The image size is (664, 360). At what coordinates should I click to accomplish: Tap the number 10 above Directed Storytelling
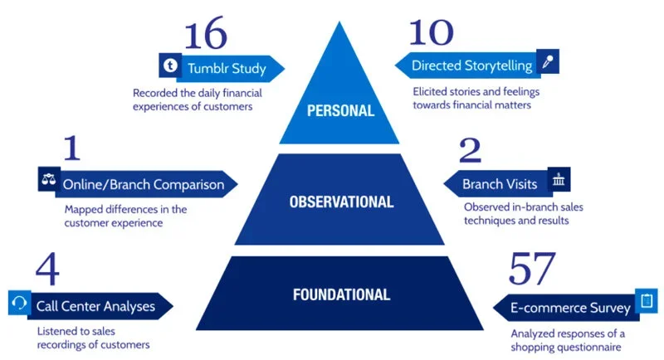pyautogui.click(x=432, y=33)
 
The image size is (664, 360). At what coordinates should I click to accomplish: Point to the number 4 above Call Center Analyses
pyautogui.click(x=47, y=271)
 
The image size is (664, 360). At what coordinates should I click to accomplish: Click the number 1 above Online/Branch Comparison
pyautogui.click(x=71, y=150)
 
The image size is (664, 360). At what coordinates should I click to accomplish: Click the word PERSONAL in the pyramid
pyautogui.click(x=340, y=110)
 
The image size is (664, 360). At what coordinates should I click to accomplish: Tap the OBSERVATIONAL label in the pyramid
pyautogui.click(x=340, y=201)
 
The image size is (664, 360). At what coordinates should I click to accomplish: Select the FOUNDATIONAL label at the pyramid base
pyautogui.click(x=340, y=294)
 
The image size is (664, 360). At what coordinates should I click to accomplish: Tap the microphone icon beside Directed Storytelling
pyautogui.click(x=547, y=61)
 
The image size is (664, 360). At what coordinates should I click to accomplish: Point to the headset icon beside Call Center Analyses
pyautogui.click(x=18, y=303)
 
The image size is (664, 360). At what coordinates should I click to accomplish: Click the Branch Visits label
pyautogui.click(x=500, y=184)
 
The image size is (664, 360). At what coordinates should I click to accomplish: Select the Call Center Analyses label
pyautogui.click(x=95, y=306)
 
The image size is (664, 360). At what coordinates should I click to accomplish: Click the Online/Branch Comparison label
pyautogui.click(x=143, y=184)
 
